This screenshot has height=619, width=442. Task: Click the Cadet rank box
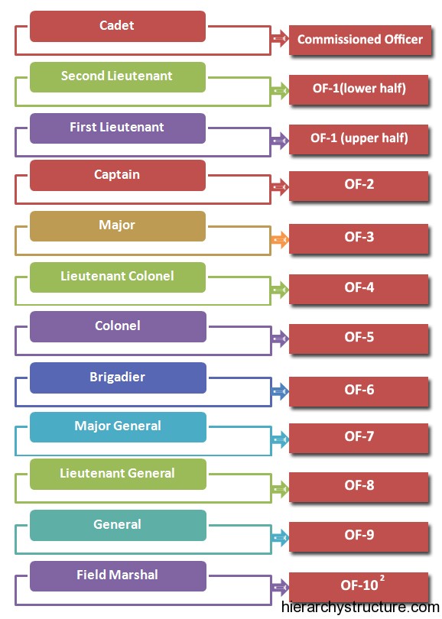118,26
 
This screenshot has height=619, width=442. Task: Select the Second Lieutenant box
118,77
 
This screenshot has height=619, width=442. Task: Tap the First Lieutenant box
118,128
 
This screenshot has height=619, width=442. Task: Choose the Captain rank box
118,175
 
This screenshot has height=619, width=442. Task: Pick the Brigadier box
118,378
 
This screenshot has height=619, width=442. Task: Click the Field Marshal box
118,576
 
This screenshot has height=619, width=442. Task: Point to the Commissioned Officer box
360,40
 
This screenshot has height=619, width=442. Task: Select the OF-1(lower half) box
359,89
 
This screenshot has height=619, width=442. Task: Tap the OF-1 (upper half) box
359,139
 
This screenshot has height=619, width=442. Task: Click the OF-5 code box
359,339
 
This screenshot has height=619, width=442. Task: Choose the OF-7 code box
359,438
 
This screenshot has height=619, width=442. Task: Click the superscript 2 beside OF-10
382,578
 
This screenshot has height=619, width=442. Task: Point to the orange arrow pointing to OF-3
280,239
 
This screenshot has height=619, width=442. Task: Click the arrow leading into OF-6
280,391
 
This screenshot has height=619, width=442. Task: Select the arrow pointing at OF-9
280,537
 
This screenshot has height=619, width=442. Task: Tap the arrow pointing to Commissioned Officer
280,38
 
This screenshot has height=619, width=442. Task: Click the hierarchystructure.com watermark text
361,608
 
